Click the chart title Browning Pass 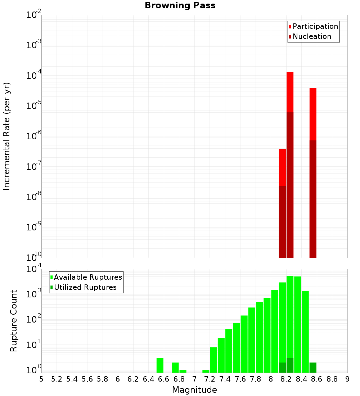pos(180,5)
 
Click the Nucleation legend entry pos(312,36)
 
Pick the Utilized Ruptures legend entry pos(85,287)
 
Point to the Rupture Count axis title pos(14,321)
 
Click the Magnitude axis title pos(194,390)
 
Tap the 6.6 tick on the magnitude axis pos(164,379)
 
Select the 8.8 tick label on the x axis pos(332,379)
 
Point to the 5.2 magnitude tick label pos(57,379)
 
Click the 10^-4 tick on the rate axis pos(34,76)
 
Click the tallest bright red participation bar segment pos(290,92)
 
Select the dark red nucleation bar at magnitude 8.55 pos(313,198)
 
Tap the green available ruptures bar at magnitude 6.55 pos(160,365)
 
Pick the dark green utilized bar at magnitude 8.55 pos(313,368)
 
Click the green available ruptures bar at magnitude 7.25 pos(213,360)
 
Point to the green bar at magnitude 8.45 pos(305,331)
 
